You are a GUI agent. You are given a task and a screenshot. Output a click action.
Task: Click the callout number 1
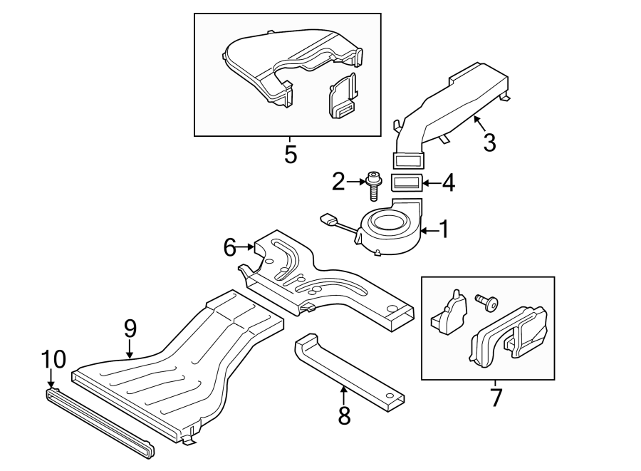444,229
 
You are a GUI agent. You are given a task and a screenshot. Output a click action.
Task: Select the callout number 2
338,182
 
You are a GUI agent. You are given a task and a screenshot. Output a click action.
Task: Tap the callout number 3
489,142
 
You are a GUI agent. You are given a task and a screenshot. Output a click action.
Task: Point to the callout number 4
447,183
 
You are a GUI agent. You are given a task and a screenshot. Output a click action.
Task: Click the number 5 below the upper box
290,155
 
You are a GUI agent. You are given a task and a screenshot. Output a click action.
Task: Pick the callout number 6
229,247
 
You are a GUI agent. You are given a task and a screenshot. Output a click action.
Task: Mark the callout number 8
344,415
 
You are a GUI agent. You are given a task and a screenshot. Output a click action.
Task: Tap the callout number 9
130,328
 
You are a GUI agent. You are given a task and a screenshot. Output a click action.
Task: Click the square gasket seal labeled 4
407,184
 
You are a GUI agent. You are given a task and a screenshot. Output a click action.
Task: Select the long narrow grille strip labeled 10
100,420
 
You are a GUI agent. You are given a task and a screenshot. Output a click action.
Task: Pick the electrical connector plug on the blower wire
328,219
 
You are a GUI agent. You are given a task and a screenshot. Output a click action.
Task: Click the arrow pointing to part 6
249,247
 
